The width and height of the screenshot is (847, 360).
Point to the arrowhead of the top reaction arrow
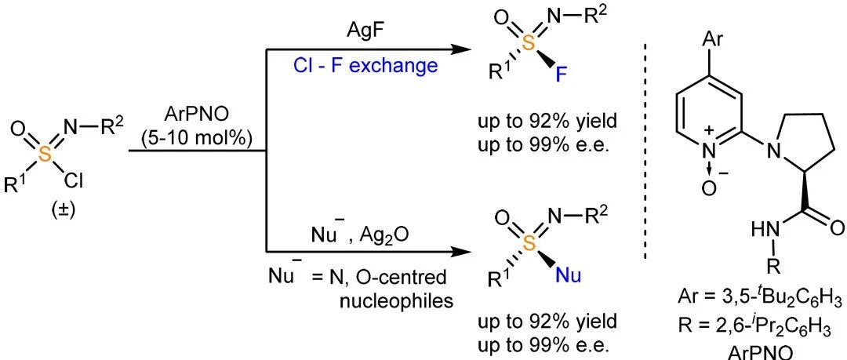(458, 49)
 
